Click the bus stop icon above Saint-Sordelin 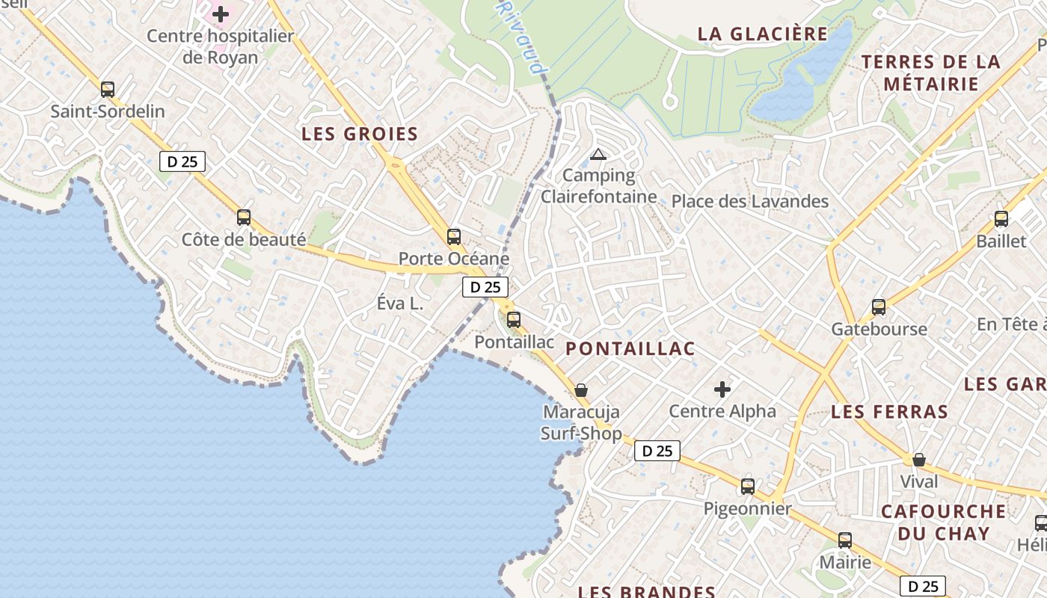pos(108,90)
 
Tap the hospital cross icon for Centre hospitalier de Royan pos(221,13)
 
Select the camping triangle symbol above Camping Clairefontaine pos(597,155)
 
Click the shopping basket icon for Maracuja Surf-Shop pos(581,390)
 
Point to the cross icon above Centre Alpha pos(722,389)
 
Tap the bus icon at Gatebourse pos(879,307)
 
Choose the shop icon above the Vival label pos(919,459)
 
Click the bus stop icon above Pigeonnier pos(748,487)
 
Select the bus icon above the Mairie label pos(845,540)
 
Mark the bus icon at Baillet pos(1001,219)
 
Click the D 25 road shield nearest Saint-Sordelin pos(182,161)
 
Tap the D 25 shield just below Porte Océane pos(485,287)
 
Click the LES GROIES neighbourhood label pos(360,135)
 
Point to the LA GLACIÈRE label pos(763,34)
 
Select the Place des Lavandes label pos(750,201)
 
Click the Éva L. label pos(400,303)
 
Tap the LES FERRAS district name pos(890,412)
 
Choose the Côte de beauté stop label pos(244,240)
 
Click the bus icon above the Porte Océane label pos(454,237)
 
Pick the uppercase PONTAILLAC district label pos(630,348)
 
